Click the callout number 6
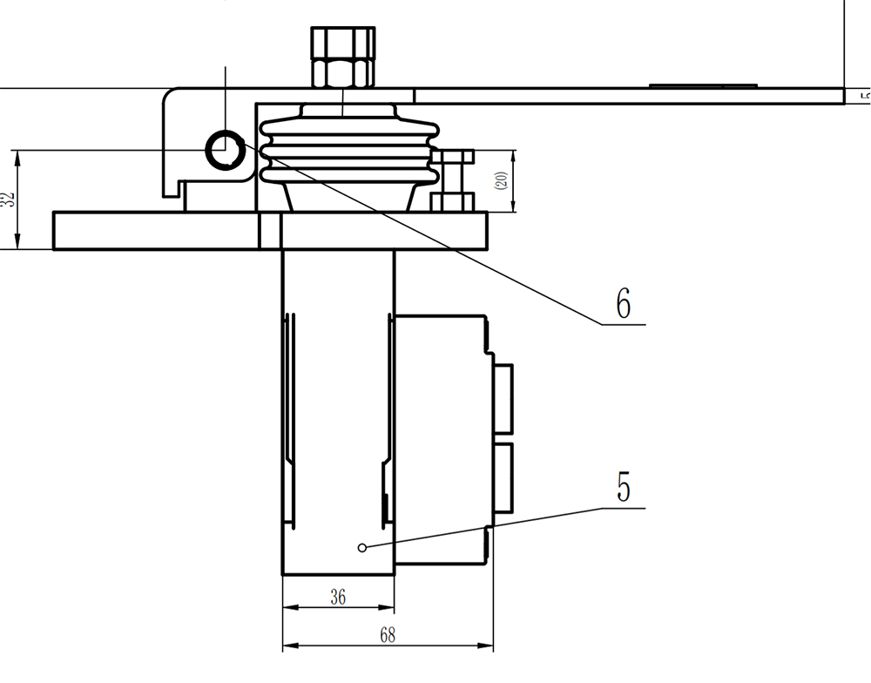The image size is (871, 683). pos(622,302)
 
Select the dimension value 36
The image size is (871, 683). pos(338,597)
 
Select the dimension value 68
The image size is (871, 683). pos(387,635)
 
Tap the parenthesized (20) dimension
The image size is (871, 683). pos(501,181)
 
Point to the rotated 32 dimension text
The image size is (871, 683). pos(8,199)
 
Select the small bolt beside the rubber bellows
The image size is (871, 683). pos(452,179)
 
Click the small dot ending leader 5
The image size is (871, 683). pos(361,547)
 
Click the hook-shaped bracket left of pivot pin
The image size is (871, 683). pos(174,139)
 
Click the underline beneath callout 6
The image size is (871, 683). pos(624,324)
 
